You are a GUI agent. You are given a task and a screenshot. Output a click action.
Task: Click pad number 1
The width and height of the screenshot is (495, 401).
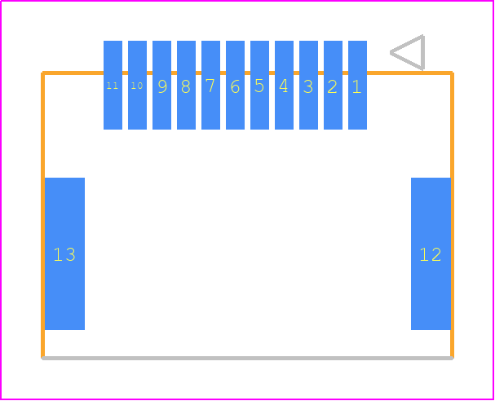[357, 85]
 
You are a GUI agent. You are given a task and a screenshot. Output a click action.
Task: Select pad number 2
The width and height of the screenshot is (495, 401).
[333, 85]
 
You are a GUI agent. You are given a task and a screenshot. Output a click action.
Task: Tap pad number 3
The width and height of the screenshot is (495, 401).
[308, 85]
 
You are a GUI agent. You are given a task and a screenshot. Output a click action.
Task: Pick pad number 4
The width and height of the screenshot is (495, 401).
[284, 85]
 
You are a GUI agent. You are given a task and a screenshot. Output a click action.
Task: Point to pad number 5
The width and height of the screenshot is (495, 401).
[259, 85]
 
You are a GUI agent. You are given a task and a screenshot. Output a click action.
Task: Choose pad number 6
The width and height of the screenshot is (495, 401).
[235, 85]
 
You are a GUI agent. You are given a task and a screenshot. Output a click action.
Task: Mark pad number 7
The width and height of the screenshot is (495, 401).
[210, 85]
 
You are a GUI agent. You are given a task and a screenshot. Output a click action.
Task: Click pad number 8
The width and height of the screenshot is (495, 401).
[186, 85]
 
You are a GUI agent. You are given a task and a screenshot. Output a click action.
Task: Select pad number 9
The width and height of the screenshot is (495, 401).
[161, 85]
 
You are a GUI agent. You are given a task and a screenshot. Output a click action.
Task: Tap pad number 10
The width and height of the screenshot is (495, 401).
[137, 85]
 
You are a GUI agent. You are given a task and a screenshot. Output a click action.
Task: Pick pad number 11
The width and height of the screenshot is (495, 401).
[113, 85]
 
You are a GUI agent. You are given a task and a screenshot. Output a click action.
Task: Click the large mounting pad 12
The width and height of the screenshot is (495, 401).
[431, 253]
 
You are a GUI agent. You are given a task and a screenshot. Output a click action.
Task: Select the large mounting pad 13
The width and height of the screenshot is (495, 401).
[64, 253]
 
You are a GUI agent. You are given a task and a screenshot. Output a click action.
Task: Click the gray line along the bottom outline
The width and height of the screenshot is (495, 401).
[248, 358]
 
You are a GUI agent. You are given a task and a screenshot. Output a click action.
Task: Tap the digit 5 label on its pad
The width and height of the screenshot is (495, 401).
[259, 86]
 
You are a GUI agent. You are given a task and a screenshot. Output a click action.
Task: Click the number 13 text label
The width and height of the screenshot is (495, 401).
[64, 254]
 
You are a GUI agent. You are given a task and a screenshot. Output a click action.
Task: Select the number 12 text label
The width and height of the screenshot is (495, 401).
[431, 254]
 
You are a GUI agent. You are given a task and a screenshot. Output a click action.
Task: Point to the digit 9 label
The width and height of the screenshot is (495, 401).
[162, 86]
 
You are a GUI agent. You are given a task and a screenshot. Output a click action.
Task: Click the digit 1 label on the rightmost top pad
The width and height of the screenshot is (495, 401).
[356, 86]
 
